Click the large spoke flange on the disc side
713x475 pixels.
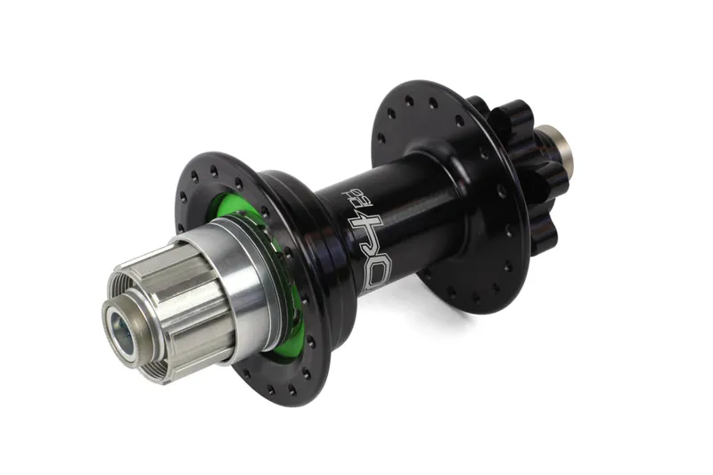click(x=419, y=116)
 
